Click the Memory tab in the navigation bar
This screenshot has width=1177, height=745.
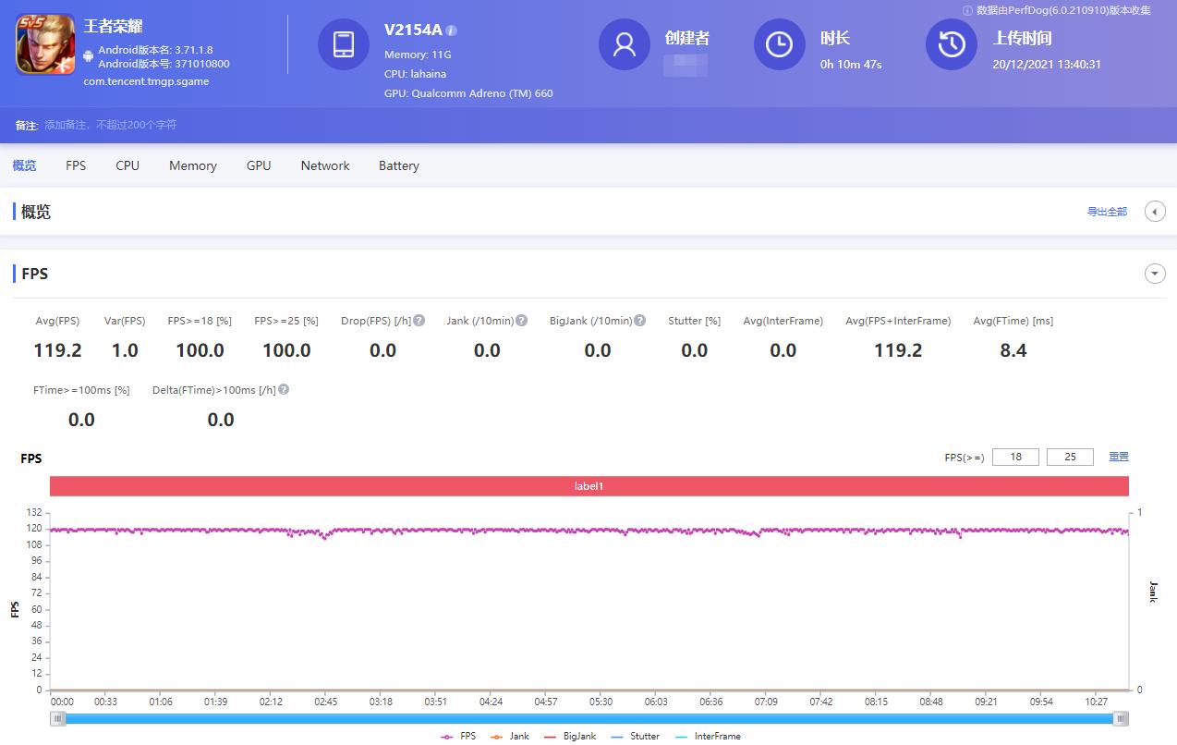point(192,165)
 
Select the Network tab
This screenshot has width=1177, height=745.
point(324,165)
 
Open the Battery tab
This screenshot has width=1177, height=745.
point(398,165)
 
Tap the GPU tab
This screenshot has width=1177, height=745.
point(259,165)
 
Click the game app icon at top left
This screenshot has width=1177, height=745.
point(45,43)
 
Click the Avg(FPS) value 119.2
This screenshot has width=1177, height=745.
point(57,350)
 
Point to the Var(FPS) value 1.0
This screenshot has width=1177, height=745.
point(125,350)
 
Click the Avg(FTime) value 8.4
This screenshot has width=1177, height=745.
point(1013,350)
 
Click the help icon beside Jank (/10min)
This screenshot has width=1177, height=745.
point(521,321)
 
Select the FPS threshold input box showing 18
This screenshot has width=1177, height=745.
point(1015,457)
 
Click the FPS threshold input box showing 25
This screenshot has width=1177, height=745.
point(1070,457)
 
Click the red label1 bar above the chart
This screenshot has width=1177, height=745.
point(588,486)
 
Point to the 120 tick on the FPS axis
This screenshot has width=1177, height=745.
point(34,529)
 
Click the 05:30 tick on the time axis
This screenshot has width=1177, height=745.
point(601,702)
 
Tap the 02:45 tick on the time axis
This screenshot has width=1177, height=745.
point(325,702)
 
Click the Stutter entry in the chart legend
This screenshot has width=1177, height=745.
point(644,737)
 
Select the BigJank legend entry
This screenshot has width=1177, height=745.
point(579,737)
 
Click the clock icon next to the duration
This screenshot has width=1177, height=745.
point(779,44)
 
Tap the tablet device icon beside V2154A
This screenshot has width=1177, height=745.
point(343,44)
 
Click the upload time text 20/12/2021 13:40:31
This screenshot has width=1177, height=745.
point(1046,65)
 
